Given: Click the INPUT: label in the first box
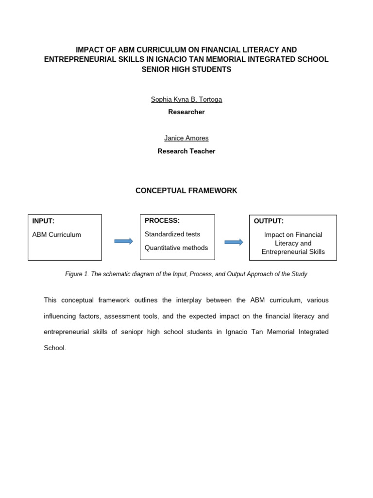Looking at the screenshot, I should pos(43,221).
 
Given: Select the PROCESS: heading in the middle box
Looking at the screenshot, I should pos(162,220).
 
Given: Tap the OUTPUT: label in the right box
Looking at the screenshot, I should pos(269,221).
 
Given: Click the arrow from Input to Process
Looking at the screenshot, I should pos(123,241).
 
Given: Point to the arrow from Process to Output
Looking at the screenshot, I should pos(234,242).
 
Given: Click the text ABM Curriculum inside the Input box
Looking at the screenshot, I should pos(57,234).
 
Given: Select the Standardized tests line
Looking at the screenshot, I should pos(172,234).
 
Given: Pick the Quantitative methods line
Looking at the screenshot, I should pos(176,248).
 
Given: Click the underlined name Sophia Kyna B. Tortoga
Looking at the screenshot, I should pos(186,99).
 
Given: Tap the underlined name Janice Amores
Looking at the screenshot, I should pos(186,139).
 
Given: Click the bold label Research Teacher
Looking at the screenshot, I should pos(186,151).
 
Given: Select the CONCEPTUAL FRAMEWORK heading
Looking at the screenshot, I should pos(186,191).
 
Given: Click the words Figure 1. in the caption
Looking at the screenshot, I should pos(76,274).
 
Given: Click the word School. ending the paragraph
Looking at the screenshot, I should pos(54,348).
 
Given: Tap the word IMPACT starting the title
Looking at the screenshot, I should pos(90,50).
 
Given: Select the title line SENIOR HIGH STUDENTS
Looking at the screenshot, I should pos(186,69).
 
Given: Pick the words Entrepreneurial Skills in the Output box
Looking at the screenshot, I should pos(293,252).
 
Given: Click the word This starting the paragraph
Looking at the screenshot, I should pos(51,301).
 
